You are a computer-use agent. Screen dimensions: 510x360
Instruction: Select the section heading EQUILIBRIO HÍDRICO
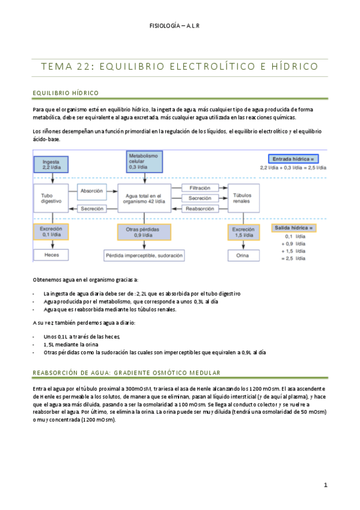pyautogui.click(x=65, y=93)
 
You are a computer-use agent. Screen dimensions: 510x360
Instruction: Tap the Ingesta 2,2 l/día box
pyautogui.click(x=52, y=163)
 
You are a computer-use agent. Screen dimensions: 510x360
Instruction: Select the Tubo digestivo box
pyautogui.click(x=52, y=198)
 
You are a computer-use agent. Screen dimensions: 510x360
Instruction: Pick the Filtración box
pyautogui.click(x=200, y=189)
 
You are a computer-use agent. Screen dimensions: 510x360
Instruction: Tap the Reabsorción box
pyautogui.click(x=200, y=208)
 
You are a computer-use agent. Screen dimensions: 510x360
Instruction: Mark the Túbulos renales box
pyautogui.click(x=243, y=198)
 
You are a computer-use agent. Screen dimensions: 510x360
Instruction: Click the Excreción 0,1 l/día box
pyautogui.click(x=52, y=233)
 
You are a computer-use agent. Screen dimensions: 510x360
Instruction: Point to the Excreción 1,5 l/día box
pyautogui.click(x=243, y=233)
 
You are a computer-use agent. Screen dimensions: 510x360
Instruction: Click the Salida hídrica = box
pyautogui.click(x=294, y=229)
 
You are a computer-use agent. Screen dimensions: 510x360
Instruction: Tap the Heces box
pyautogui.click(x=52, y=255)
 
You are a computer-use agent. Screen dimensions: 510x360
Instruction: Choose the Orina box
pyautogui.click(x=243, y=255)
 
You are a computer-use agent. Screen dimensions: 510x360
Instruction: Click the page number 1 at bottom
pyautogui.click(x=325, y=485)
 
